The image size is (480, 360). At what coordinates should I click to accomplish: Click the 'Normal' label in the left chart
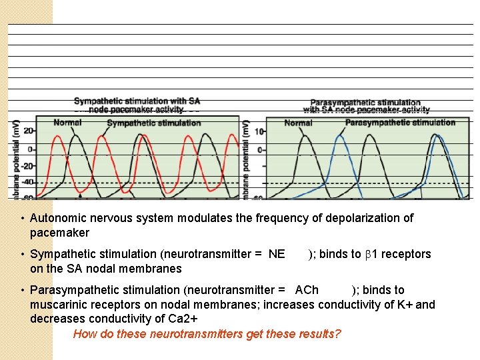pos(67,123)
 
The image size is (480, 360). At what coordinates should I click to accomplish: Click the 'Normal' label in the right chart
pos(298,123)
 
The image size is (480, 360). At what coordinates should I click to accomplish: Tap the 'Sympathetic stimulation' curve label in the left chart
pos(154,123)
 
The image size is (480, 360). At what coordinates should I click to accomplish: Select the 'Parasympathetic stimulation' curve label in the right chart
pos(400,123)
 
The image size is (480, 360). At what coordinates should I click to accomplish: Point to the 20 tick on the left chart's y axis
pos(29,131)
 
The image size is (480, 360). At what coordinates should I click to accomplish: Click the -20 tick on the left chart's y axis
pos(27,165)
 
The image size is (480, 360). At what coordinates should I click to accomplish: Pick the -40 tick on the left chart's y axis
pos(27,181)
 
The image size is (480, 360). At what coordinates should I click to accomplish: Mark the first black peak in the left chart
pos(77,136)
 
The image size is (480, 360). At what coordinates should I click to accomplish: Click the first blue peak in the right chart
pos(341,137)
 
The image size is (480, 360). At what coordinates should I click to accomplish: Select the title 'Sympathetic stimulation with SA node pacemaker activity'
pos(137,105)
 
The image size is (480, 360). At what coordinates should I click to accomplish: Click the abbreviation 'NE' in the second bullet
pos(277,254)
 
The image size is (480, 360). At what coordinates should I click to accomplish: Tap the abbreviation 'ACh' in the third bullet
pos(307,290)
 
